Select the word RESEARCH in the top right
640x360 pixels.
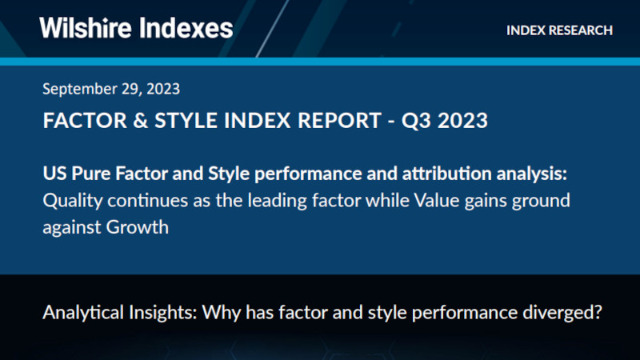point(582,30)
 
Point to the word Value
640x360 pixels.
point(434,200)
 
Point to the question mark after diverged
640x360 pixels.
point(596,312)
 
